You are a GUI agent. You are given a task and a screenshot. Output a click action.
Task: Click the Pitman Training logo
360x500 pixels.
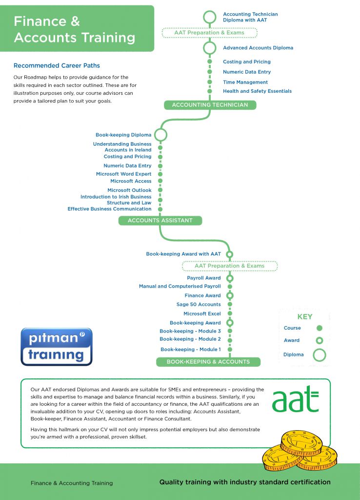[56, 347]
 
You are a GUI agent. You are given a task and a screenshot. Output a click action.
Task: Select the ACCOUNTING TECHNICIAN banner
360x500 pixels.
[210, 105]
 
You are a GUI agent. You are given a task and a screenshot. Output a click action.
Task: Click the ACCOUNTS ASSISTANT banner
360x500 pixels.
[160, 221]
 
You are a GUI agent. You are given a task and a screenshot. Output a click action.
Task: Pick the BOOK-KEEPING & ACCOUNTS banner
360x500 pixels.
[208, 362]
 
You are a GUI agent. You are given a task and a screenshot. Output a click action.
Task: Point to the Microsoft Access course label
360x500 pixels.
[131, 181]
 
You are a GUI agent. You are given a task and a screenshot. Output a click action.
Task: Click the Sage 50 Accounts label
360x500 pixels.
[199, 305]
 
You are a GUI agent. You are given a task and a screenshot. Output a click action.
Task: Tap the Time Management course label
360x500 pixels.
[245, 83]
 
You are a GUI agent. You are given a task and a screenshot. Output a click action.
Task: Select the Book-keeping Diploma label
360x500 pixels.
[123, 135]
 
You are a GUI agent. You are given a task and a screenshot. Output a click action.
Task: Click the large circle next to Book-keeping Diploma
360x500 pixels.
[160, 135]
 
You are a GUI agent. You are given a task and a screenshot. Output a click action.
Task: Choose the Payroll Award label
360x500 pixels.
[204, 278]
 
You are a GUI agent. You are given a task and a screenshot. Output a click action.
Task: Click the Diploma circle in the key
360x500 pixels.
[320, 355]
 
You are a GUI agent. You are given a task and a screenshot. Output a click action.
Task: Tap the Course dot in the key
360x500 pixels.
[320, 328]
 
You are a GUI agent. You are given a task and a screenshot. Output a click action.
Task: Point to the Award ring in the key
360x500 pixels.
[320, 340]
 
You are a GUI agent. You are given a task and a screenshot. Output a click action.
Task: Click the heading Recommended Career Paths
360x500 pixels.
[57, 65]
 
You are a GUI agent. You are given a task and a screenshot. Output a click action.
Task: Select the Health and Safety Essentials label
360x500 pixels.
[257, 91]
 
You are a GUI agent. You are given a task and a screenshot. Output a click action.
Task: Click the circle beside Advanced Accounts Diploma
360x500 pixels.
[210, 48]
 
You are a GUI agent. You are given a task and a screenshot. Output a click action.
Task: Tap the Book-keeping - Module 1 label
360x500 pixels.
[191, 350]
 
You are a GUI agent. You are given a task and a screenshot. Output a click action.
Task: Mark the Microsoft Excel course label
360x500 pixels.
[202, 314]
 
